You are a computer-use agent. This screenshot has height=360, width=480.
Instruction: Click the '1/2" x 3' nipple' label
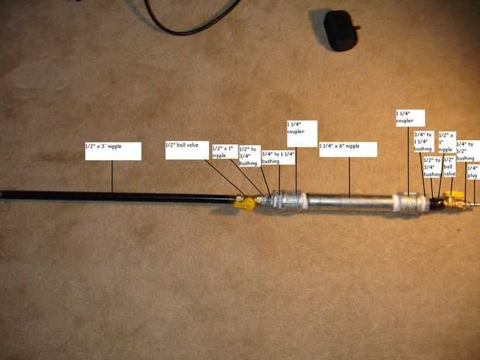(113, 150)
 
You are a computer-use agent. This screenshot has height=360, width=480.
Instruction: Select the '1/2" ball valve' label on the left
(187, 149)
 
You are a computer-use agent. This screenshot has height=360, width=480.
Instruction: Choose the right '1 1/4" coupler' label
(409, 118)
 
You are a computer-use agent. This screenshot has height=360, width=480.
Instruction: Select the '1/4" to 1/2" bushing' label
(467, 150)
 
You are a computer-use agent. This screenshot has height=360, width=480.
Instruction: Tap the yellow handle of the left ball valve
(245, 204)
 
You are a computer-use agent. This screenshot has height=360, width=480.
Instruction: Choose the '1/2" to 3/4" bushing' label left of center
(248, 156)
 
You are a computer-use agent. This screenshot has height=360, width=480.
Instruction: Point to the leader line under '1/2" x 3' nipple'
(113, 176)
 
